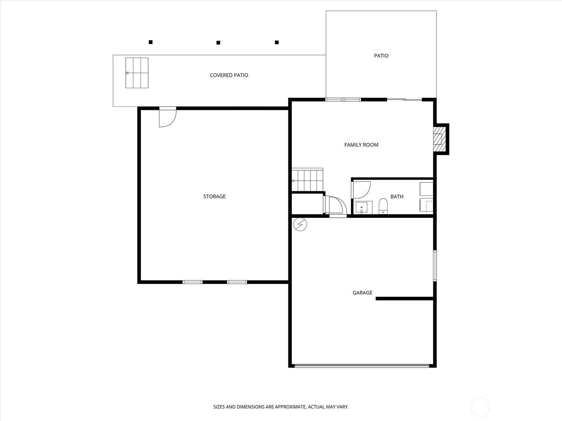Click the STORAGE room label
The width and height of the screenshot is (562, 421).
pos(214,196)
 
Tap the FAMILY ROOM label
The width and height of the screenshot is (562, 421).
pos(361,145)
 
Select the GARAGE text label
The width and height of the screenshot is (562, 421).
pos(362,293)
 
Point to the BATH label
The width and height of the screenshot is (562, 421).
pos(397,196)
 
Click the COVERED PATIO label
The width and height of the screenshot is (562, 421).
pos(229,75)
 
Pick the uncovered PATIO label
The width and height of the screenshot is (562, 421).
pos(381,56)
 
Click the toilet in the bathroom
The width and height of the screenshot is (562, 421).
pos(383,206)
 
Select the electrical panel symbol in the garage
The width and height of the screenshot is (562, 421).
pos(300,224)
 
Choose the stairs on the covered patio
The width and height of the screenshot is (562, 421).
pos(137,73)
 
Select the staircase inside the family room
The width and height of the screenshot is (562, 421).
pos(307,180)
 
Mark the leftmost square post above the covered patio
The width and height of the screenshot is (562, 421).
pos(151,42)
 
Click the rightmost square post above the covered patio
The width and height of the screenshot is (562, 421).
pos(276,42)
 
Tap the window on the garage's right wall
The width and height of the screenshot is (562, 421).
pos(435,266)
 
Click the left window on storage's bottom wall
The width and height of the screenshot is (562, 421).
pos(192,282)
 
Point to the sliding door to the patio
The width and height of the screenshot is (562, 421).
pos(404,99)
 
